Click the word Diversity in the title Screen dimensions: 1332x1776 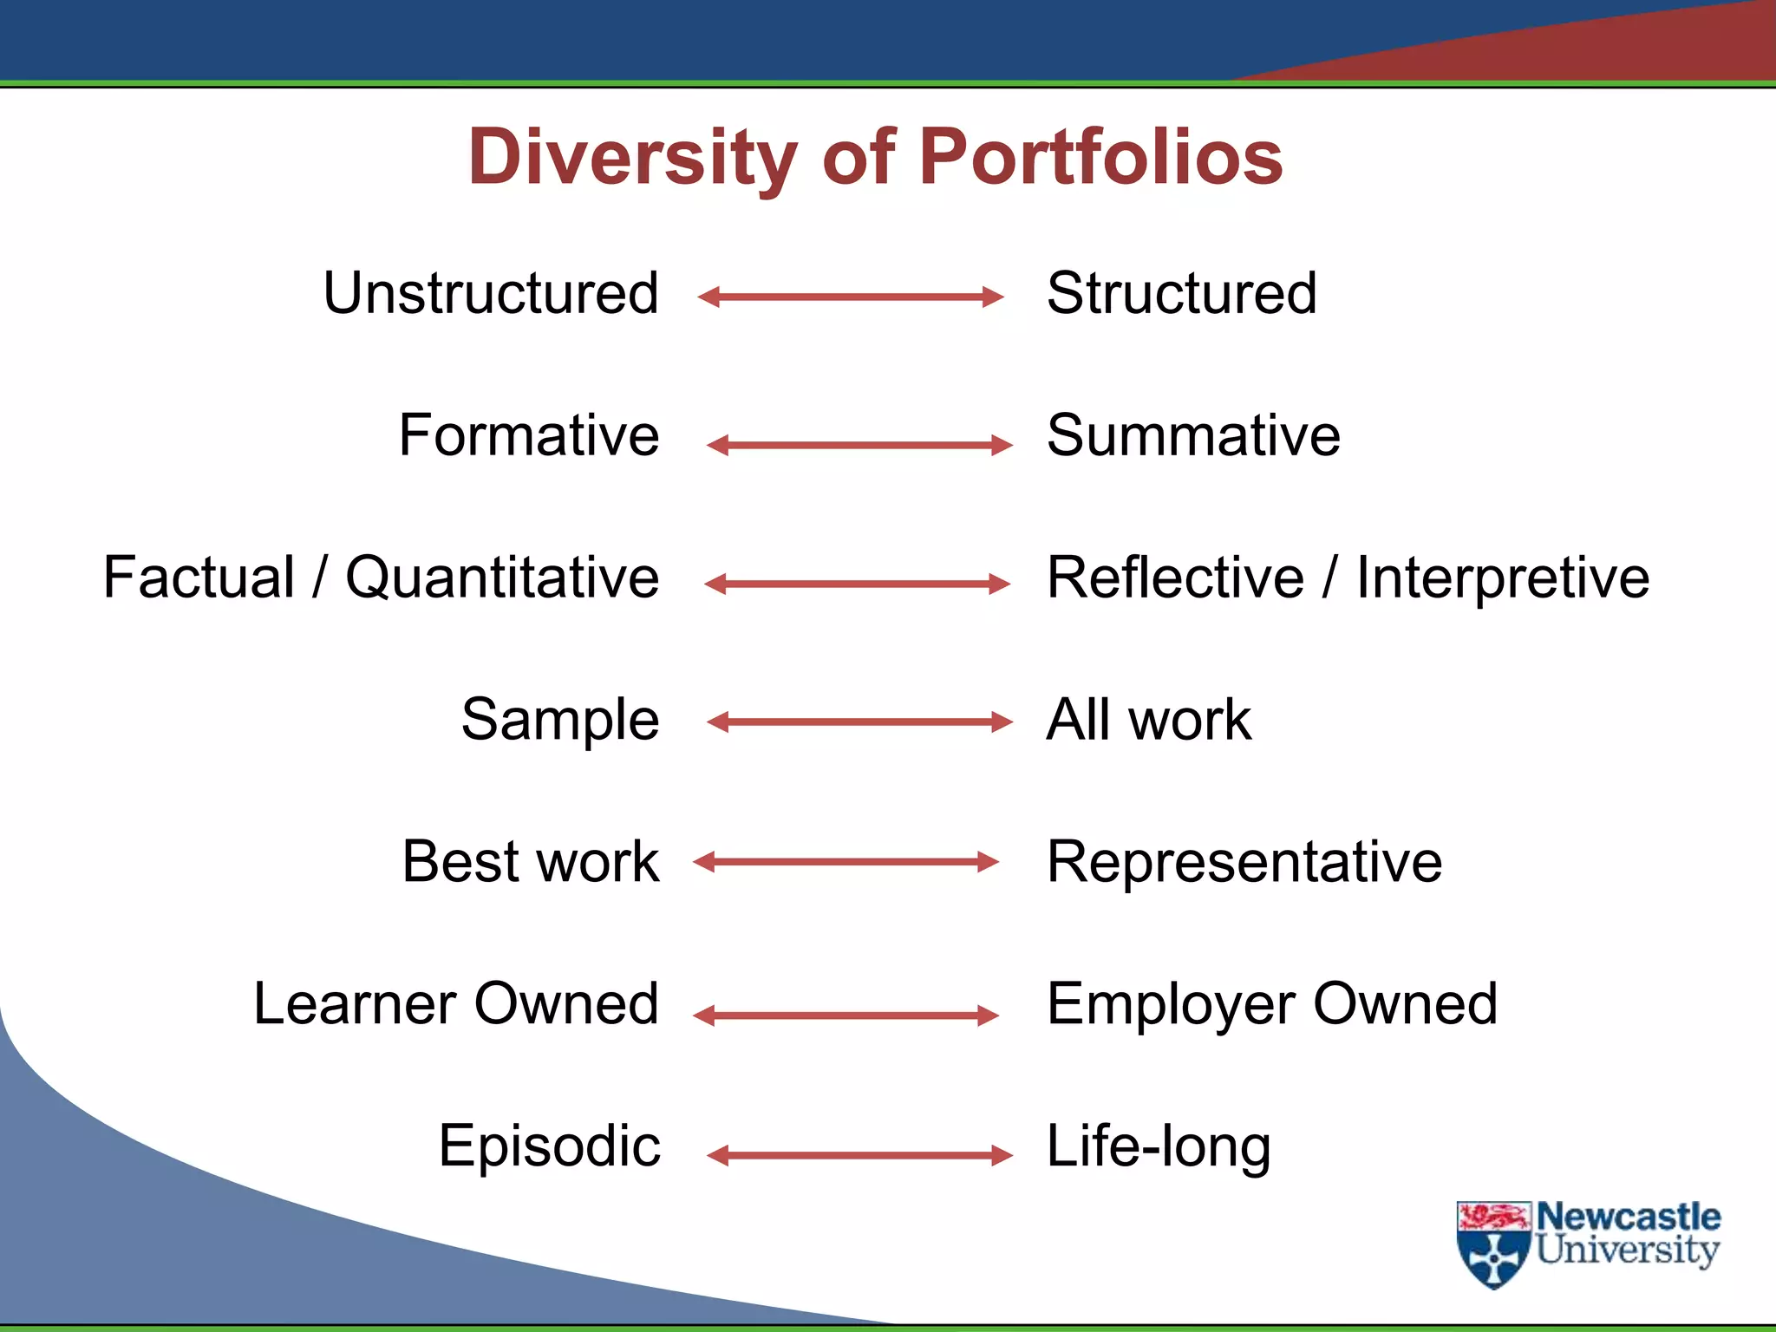[631, 158]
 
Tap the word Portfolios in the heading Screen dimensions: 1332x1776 [1100, 158]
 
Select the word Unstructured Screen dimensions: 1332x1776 [491, 293]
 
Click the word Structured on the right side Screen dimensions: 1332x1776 [1181, 293]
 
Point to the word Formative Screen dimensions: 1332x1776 [529, 435]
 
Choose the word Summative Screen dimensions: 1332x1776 [1193, 435]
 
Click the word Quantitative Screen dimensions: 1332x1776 [502, 578]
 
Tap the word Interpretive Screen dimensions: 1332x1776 [1503, 578]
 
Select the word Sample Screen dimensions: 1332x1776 [560, 720]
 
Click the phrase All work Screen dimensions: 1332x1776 [1148, 720]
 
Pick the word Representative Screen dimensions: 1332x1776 [1244, 862]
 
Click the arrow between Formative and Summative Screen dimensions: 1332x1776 [859, 446]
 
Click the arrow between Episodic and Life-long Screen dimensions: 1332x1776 [859, 1155]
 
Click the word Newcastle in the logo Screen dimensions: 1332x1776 [1629, 1217]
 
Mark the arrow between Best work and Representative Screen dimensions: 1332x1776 [846, 861]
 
